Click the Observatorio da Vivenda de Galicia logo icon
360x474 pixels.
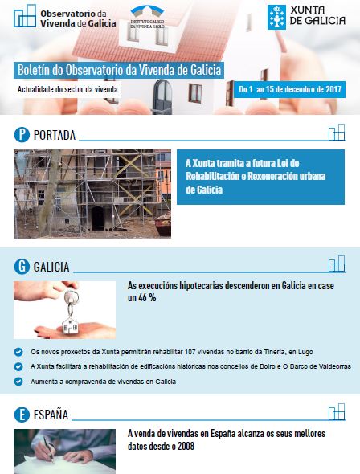click(x=25, y=16)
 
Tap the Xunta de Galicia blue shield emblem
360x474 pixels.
click(x=276, y=17)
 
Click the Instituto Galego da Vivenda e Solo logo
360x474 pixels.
click(x=147, y=17)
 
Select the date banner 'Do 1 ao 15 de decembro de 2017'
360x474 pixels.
click(x=289, y=89)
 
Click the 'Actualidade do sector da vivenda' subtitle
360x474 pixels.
click(x=67, y=89)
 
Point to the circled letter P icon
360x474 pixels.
click(x=22, y=135)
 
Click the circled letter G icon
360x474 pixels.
click(x=22, y=267)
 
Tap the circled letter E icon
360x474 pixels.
click(x=22, y=415)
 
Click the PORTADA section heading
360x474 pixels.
click(x=55, y=135)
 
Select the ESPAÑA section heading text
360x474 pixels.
click(x=51, y=415)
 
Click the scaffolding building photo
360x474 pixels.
click(x=92, y=194)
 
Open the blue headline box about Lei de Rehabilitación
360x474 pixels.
click(x=260, y=177)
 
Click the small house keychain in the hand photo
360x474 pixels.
click(x=70, y=325)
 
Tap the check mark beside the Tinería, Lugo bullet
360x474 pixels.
click(x=18, y=352)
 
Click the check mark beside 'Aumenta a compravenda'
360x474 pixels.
click(x=18, y=382)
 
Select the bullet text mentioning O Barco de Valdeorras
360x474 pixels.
click(x=190, y=366)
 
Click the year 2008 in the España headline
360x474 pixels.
click(x=186, y=446)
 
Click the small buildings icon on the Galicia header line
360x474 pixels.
click(x=337, y=264)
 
